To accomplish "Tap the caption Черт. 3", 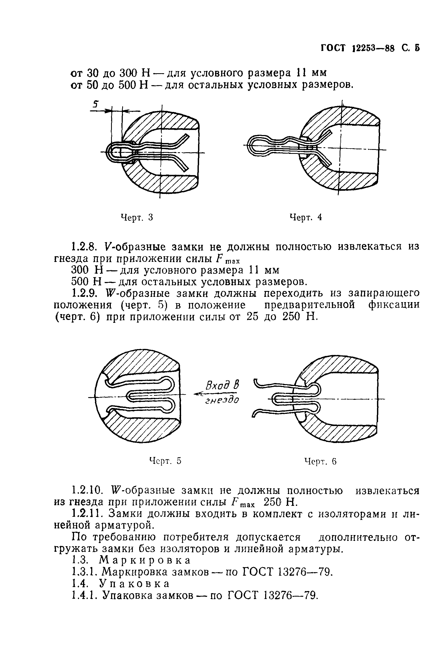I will pyautogui.click(x=137, y=217).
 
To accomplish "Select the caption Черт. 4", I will pyautogui.click(x=306, y=217).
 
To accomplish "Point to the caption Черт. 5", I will pyautogui.click(x=165, y=461).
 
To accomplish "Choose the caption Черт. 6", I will pyautogui.click(x=320, y=462).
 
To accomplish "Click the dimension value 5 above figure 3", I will pyautogui.click(x=96, y=105).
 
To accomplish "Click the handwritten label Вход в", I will pyautogui.click(x=223, y=385).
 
